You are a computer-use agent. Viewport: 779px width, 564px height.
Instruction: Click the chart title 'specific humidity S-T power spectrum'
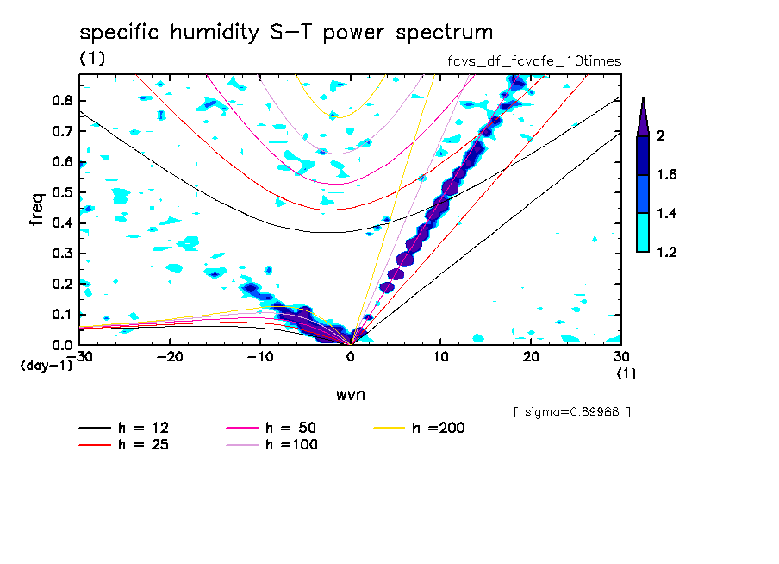[286, 33]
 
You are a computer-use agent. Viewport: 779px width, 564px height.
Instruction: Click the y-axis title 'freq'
[37, 210]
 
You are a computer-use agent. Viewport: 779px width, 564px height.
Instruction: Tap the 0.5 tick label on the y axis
[63, 191]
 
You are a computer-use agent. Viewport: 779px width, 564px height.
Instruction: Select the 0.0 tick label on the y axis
[63, 345]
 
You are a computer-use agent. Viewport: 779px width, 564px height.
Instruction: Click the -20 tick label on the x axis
[170, 358]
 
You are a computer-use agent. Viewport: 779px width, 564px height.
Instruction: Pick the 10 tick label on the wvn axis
[440, 358]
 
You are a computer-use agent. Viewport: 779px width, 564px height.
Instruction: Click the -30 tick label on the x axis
[79, 358]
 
